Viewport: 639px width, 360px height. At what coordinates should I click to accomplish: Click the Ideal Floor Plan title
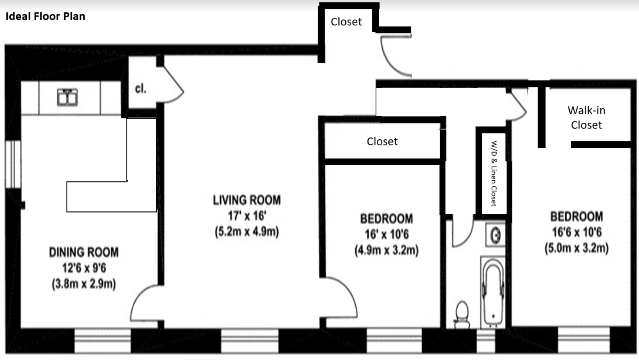pyautogui.click(x=46, y=17)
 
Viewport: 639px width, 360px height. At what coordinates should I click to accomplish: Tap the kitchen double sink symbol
pyautogui.click(x=67, y=97)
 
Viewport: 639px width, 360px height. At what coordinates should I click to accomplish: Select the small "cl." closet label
pyautogui.click(x=141, y=89)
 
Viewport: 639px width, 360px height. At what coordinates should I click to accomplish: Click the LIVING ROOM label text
pyautogui.click(x=247, y=200)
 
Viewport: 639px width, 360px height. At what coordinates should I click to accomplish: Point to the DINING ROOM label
pyautogui.click(x=84, y=252)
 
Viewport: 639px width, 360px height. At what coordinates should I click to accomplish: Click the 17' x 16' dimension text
pyautogui.click(x=247, y=216)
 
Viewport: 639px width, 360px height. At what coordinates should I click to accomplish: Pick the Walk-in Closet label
pyautogui.click(x=587, y=118)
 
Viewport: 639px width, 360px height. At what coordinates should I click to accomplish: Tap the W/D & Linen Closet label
pyautogui.click(x=494, y=174)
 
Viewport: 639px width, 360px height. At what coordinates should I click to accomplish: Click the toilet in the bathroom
pyautogui.click(x=462, y=314)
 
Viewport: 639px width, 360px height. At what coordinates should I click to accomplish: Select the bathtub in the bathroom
pyautogui.click(x=493, y=292)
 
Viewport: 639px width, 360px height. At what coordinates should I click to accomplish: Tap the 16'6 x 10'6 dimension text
pyautogui.click(x=577, y=232)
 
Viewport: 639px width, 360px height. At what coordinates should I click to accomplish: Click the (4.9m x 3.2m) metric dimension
pyautogui.click(x=386, y=250)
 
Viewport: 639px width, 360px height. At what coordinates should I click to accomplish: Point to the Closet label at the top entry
pyautogui.click(x=346, y=22)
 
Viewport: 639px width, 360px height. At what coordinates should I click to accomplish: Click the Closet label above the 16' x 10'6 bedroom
pyautogui.click(x=382, y=142)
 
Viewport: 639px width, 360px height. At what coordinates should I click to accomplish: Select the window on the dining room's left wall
pyautogui.click(x=13, y=164)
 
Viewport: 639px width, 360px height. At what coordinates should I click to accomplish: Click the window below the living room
pyautogui.click(x=250, y=341)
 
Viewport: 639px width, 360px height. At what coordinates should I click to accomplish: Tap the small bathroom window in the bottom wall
pyautogui.click(x=486, y=341)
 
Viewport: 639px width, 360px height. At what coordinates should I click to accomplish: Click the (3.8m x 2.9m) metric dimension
pyautogui.click(x=84, y=284)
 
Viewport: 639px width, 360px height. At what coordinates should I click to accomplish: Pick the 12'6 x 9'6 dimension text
pyautogui.click(x=84, y=268)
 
